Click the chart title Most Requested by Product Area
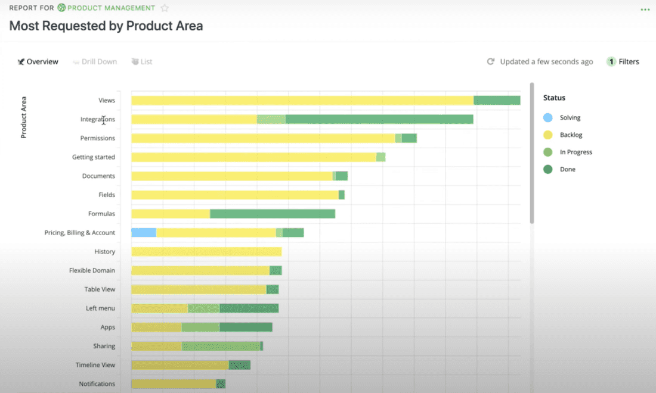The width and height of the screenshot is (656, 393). pyautogui.click(x=106, y=26)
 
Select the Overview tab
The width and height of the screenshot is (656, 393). pyautogui.click(x=38, y=62)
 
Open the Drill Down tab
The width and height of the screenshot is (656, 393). pyautogui.click(x=95, y=62)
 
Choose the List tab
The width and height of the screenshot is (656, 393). pyautogui.click(x=142, y=62)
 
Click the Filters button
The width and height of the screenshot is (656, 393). pyautogui.click(x=623, y=62)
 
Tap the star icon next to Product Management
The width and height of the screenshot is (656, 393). pyautogui.click(x=165, y=8)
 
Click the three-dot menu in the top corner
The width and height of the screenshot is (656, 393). pyautogui.click(x=645, y=10)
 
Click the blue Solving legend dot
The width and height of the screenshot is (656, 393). pyautogui.click(x=548, y=118)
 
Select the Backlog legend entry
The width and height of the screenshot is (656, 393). pyautogui.click(x=571, y=135)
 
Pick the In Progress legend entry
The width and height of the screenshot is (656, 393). pyautogui.click(x=575, y=152)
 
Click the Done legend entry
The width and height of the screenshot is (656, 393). pyautogui.click(x=567, y=170)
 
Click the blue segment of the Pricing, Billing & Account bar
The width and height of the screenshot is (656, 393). pyautogui.click(x=144, y=233)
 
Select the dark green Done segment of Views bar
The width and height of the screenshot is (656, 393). pyautogui.click(x=497, y=101)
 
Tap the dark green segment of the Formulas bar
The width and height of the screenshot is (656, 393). pyautogui.click(x=273, y=214)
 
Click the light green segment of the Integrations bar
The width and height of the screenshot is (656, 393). pyautogui.click(x=271, y=120)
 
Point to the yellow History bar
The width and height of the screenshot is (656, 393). pyautogui.click(x=206, y=252)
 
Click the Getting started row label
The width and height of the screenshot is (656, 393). pyautogui.click(x=94, y=157)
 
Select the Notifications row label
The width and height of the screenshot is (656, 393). pyautogui.click(x=97, y=384)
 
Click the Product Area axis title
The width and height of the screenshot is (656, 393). pyautogui.click(x=24, y=117)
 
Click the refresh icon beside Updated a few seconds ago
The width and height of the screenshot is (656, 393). pyautogui.click(x=491, y=62)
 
